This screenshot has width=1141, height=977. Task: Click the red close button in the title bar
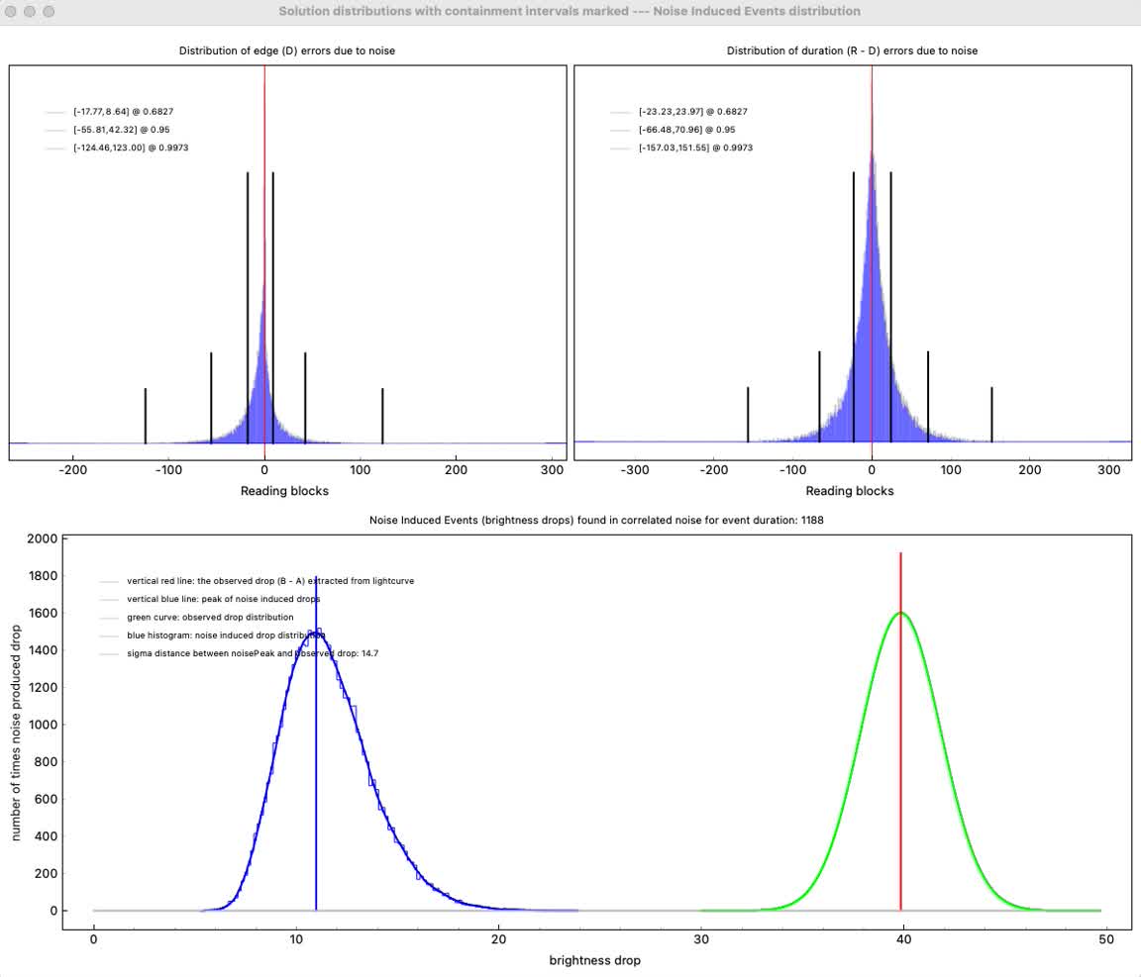12,12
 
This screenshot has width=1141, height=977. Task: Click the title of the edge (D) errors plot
286,50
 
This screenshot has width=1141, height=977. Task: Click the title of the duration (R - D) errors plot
852,50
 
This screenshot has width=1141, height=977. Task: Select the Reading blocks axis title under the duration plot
850,491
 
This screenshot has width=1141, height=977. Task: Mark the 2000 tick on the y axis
40,539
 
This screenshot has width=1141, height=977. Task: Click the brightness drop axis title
594,960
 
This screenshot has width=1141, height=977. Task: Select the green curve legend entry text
210,617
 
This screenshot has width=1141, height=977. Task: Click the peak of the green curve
900,613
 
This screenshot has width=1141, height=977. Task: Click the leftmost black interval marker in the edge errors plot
146,416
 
